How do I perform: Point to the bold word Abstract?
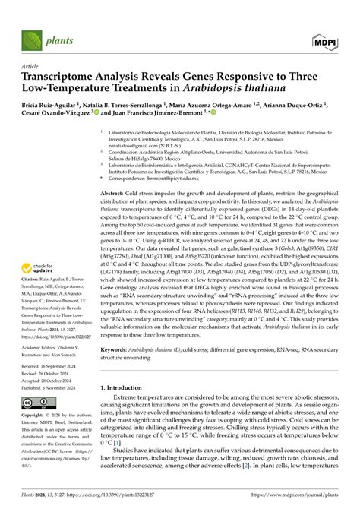pos(115,194)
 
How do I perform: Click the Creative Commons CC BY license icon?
pos(38,402)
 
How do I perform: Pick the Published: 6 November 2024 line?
pos(56,386)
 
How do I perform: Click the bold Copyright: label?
pos(35,416)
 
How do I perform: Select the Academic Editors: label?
pos(42,343)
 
